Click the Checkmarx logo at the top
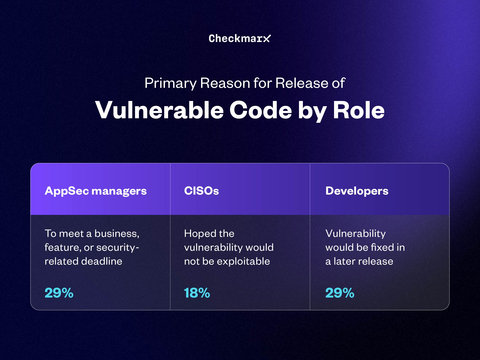pyautogui.click(x=239, y=38)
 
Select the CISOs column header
pyautogui.click(x=203, y=189)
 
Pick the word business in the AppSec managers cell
pyautogui.click(x=119, y=233)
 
